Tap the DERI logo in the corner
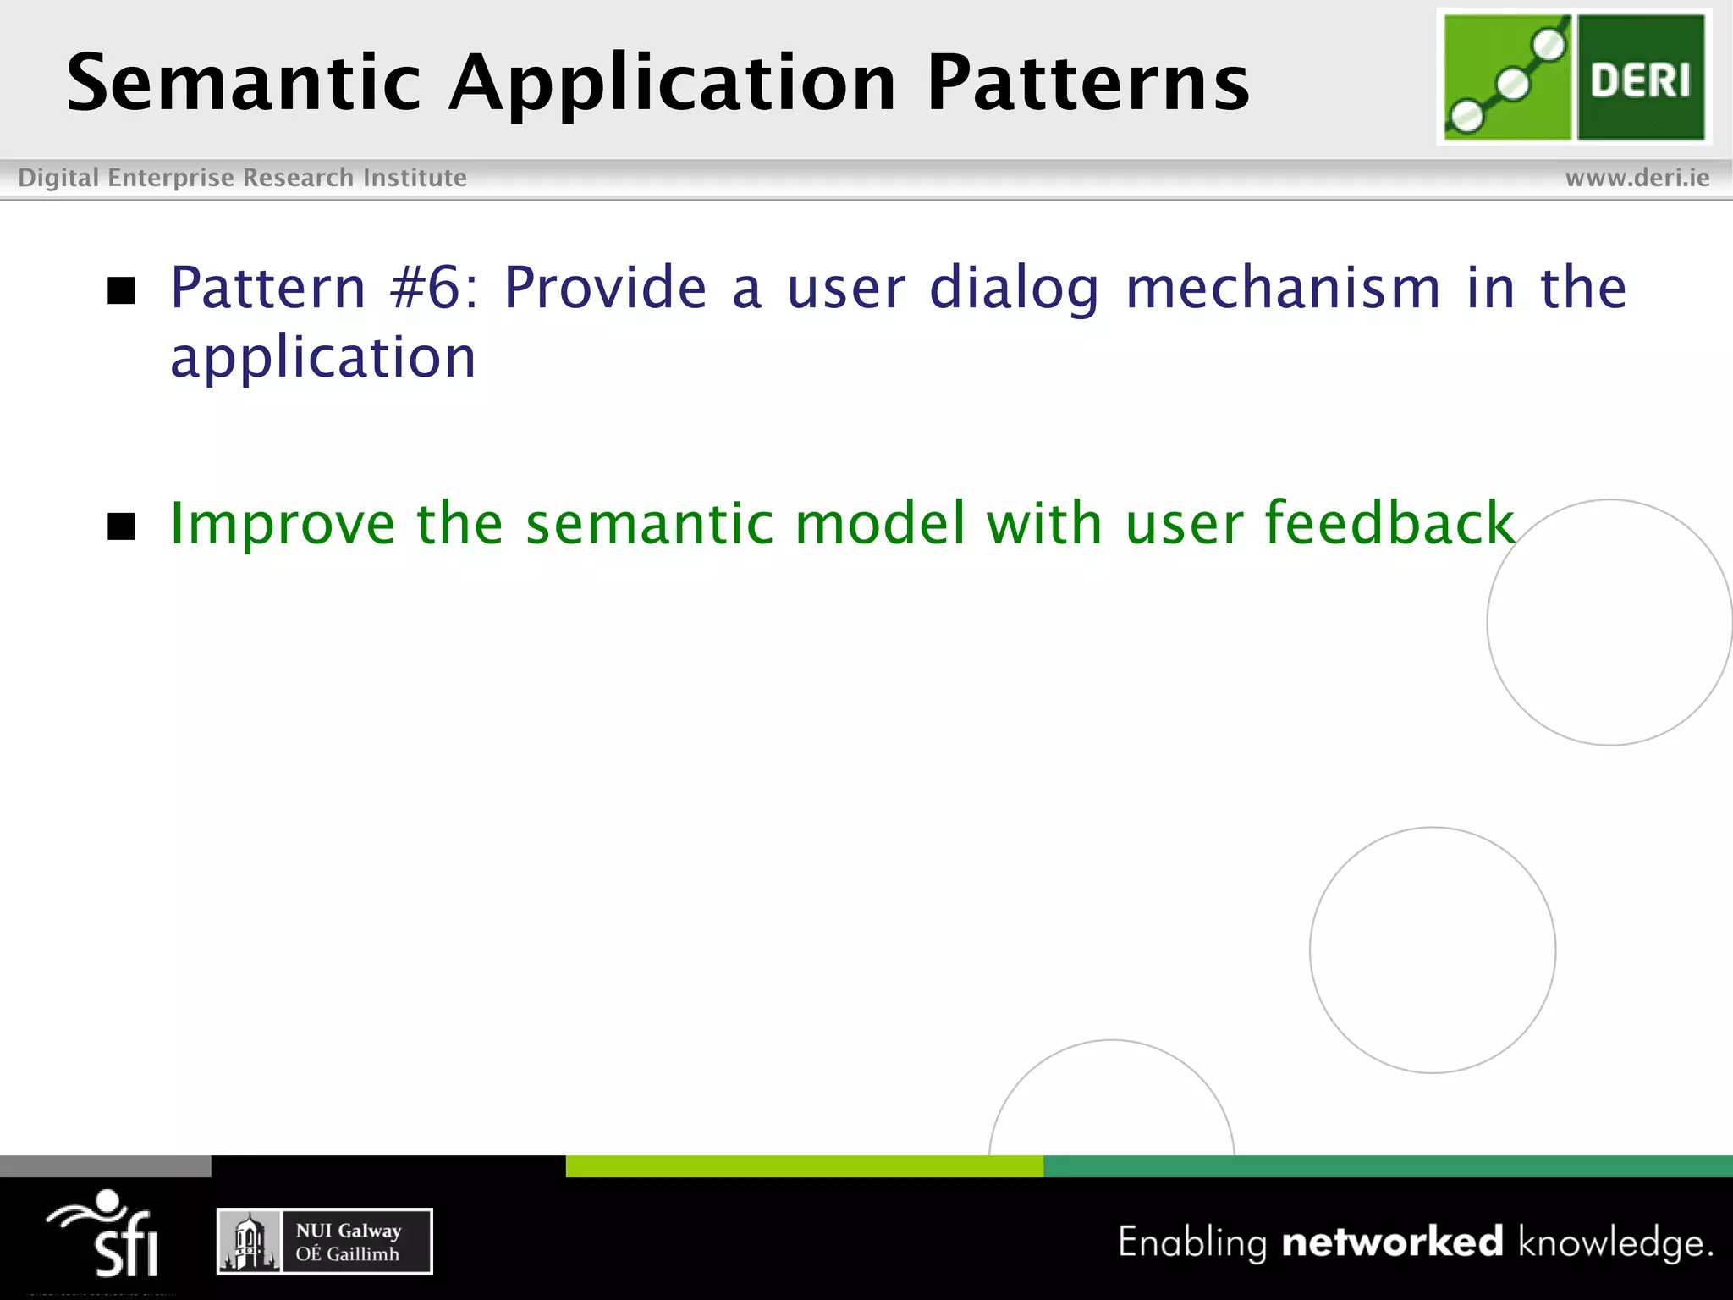pyautogui.click(x=1574, y=77)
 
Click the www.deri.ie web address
pyautogui.click(x=1637, y=178)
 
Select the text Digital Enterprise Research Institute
pyautogui.click(x=242, y=178)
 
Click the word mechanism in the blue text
pyautogui.click(x=1283, y=288)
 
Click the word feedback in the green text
pyautogui.click(x=1389, y=522)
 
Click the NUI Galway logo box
pyautogui.click(x=324, y=1242)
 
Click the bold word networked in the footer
pyautogui.click(x=1392, y=1242)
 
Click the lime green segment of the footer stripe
pyautogui.click(x=804, y=1166)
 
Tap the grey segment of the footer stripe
pyautogui.click(x=105, y=1166)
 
